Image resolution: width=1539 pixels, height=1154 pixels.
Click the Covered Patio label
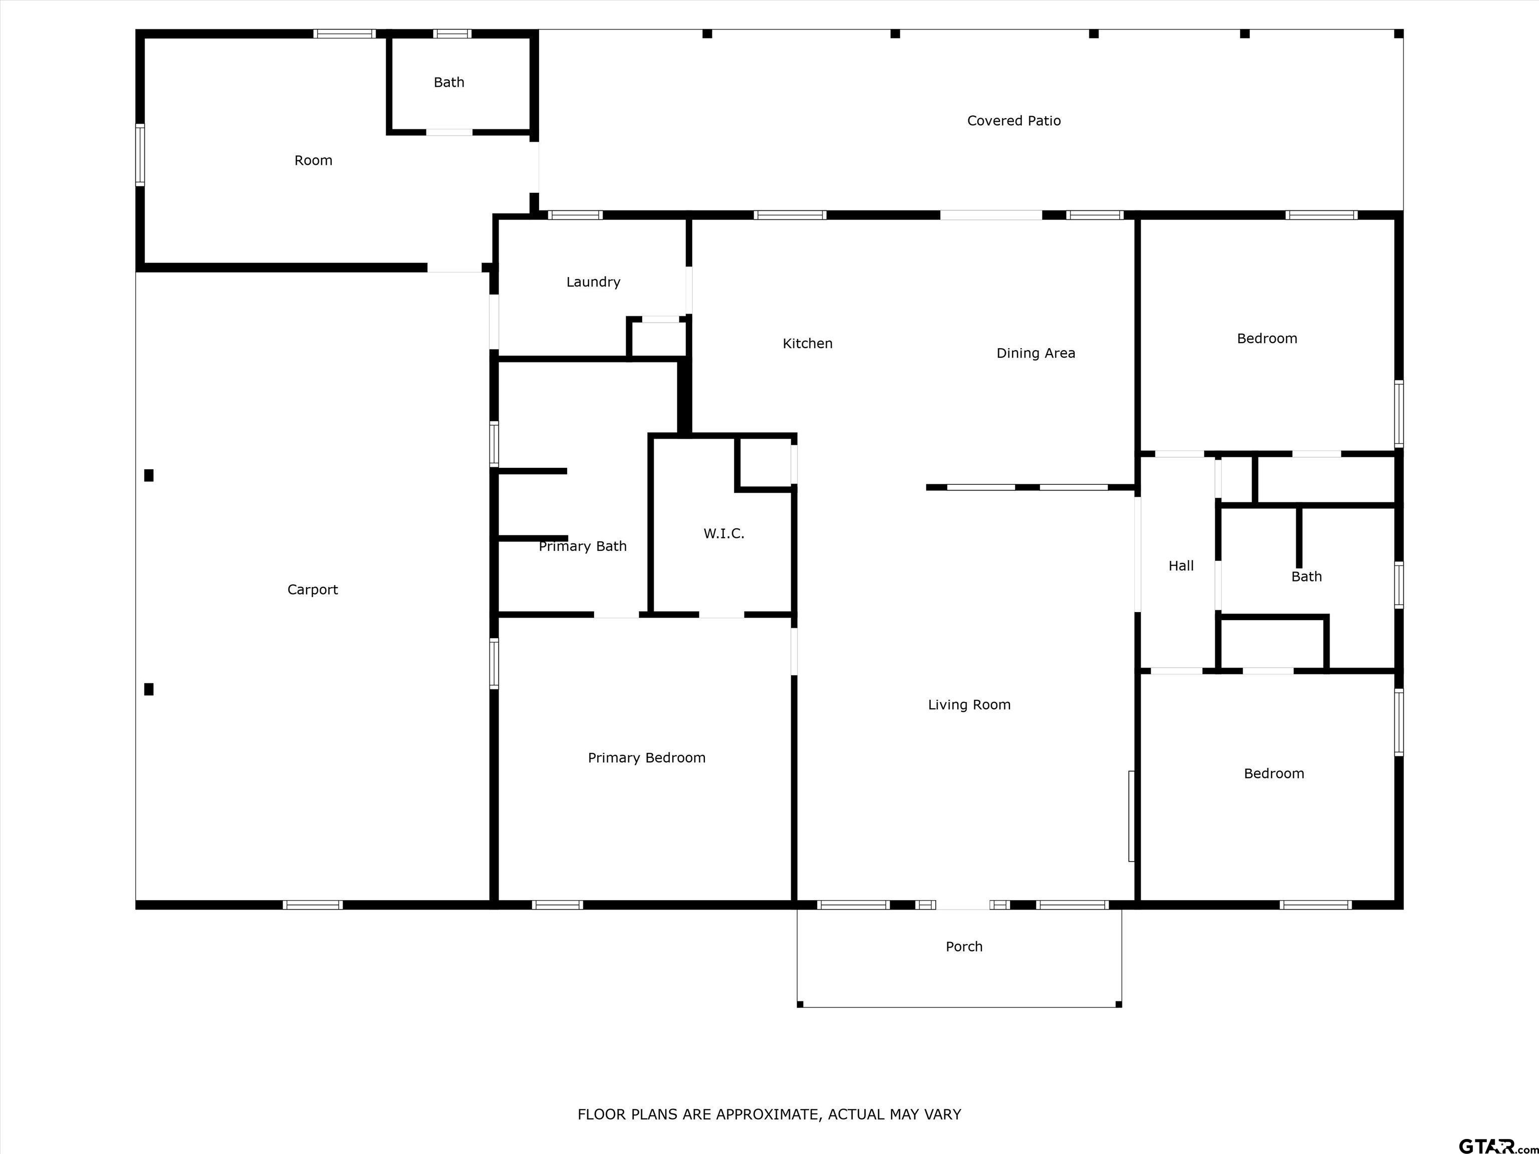coord(1013,121)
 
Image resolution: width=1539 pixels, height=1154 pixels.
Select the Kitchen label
coord(807,344)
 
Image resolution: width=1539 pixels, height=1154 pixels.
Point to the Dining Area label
coord(1036,354)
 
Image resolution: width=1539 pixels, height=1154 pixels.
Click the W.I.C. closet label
coord(723,533)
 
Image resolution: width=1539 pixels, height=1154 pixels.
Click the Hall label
coord(1181,566)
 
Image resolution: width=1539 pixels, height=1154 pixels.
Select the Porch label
coord(963,947)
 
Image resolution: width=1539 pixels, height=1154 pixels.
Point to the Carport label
coord(313,590)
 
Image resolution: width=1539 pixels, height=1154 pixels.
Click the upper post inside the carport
coord(149,475)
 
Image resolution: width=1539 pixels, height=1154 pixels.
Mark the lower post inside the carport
coord(149,689)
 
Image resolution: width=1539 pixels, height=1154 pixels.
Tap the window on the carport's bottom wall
coord(313,905)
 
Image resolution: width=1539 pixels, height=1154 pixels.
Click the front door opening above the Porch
coord(963,905)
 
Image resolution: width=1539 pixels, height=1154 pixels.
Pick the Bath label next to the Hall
coord(1306,576)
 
